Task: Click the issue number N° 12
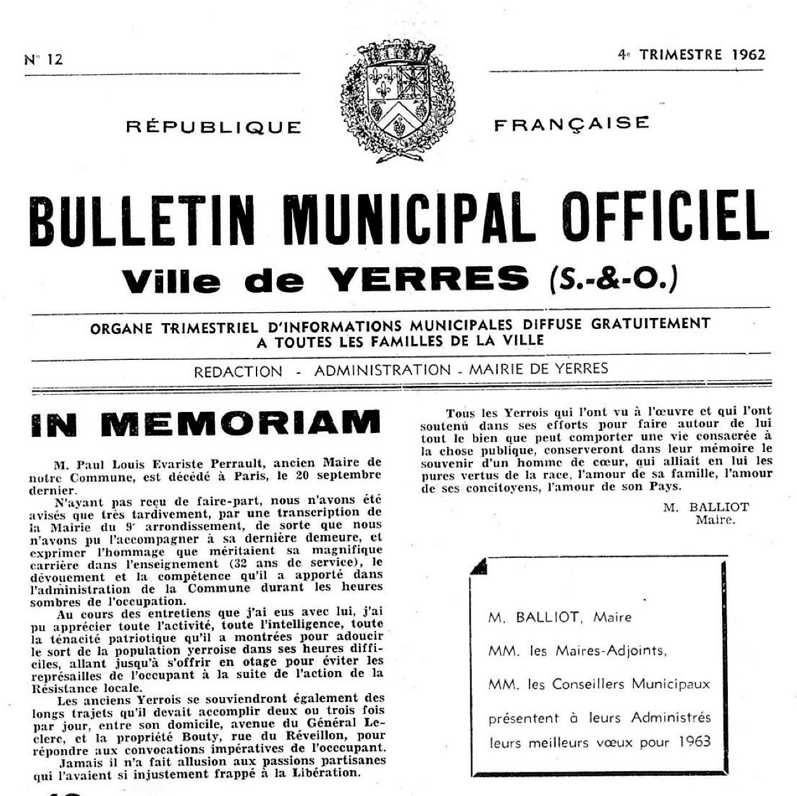pyautogui.click(x=44, y=60)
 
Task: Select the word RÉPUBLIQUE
pyautogui.click(x=213, y=127)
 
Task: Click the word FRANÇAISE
pyautogui.click(x=572, y=124)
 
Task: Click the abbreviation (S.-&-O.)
pyautogui.click(x=610, y=279)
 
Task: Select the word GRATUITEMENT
pyautogui.click(x=650, y=324)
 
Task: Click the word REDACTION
pyautogui.click(x=238, y=372)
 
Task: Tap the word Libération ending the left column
pyautogui.click(x=326, y=773)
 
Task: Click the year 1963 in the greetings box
pyautogui.click(x=694, y=741)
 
